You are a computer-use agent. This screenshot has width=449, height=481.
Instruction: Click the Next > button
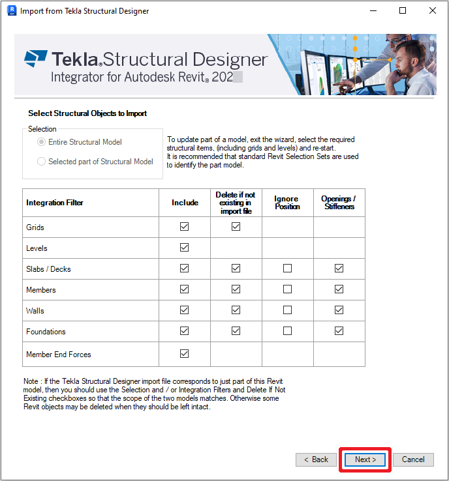365,459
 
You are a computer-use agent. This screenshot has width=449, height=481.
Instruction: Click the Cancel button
413,459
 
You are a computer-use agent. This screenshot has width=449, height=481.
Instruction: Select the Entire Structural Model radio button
42,142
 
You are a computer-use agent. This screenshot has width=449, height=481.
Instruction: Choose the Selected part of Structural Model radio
42,162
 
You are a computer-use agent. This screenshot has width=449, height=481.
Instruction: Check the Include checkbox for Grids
184,227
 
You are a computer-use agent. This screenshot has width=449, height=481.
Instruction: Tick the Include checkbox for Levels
184,248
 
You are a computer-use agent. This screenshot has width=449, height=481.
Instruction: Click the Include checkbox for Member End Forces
184,354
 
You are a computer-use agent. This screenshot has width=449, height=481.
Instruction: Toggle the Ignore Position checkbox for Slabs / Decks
287,269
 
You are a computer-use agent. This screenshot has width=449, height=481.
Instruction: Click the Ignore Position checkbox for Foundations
287,331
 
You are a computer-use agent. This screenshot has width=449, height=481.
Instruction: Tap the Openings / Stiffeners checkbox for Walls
339,310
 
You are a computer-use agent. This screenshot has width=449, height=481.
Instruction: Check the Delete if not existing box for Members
236,289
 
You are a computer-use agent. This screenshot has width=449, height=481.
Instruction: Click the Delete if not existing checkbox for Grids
236,227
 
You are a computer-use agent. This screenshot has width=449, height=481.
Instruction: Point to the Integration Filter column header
55,203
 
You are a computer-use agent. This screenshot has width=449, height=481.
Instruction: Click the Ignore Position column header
287,203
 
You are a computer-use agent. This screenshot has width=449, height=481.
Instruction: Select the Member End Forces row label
59,355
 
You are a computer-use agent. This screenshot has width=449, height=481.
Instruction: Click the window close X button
433,10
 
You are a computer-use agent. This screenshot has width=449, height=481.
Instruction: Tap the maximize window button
403,10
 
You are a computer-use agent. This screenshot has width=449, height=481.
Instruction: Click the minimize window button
373,10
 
